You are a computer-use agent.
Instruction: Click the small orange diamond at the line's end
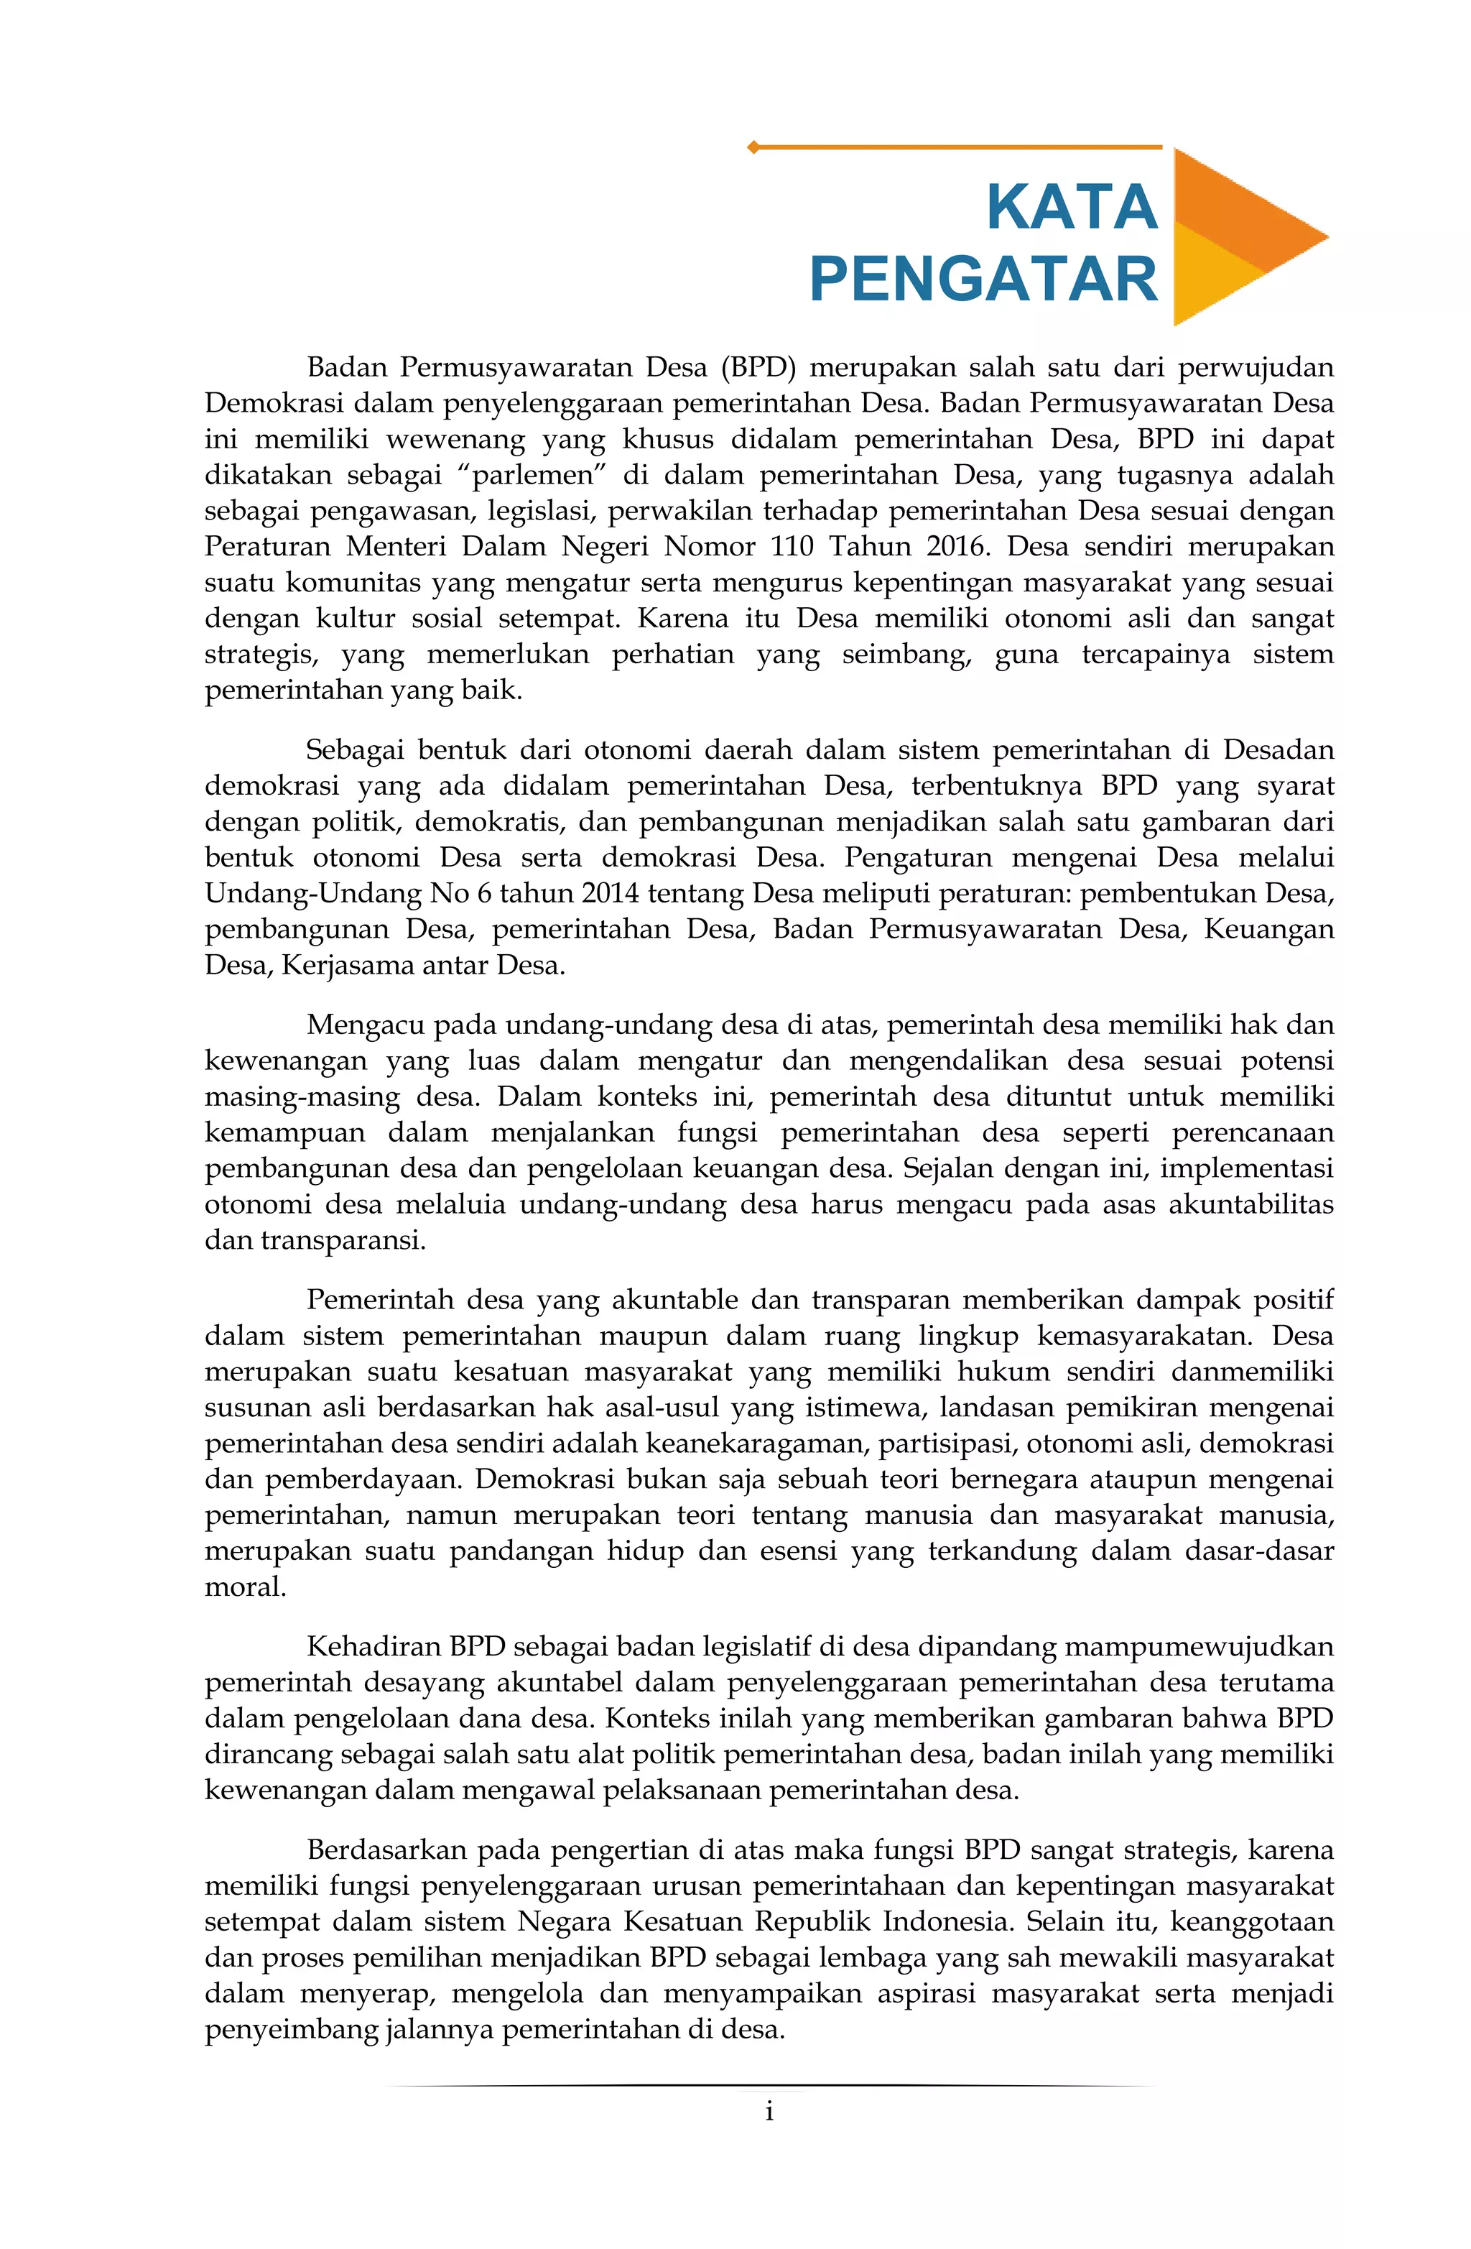pos(753,147)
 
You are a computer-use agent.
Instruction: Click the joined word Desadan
pos(1279,750)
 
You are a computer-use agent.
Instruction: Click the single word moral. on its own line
pos(246,1587)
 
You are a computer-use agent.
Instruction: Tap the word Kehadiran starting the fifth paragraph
pos(373,1647)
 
